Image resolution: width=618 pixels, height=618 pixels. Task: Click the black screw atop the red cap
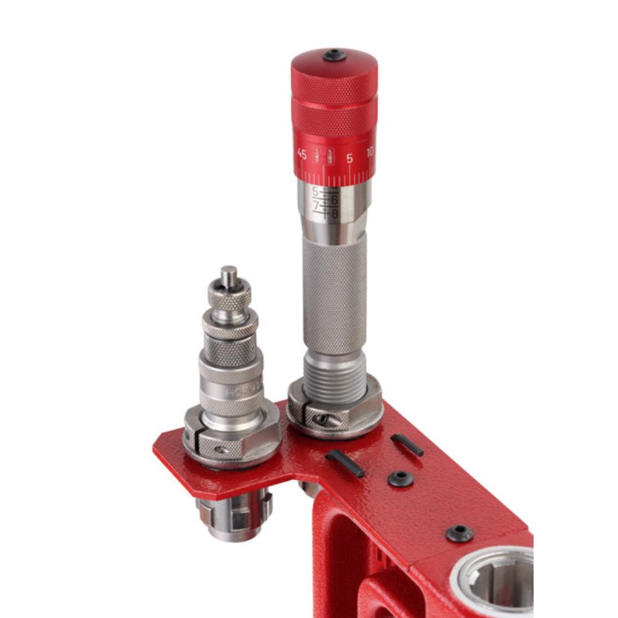click(x=334, y=55)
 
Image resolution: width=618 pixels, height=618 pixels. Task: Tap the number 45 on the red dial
click(x=302, y=154)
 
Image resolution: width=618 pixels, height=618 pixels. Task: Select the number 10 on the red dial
click(x=370, y=152)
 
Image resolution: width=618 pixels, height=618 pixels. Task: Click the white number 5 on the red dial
click(x=349, y=158)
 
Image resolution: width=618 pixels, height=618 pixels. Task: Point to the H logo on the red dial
click(x=324, y=156)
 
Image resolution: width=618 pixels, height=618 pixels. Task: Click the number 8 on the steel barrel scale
click(x=335, y=214)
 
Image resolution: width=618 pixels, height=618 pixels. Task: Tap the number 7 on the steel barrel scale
click(x=316, y=204)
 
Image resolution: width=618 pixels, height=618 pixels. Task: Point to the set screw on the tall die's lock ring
click(x=321, y=420)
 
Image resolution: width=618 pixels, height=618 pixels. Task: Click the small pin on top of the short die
click(x=229, y=275)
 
